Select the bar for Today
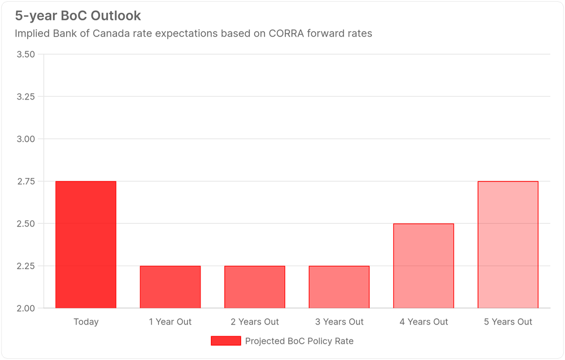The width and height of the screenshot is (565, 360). [x=86, y=245]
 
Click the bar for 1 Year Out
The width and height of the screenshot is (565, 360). [x=170, y=287]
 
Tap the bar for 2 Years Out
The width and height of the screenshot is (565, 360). [x=255, y=287]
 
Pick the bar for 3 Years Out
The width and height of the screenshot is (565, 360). [x=339, y=287]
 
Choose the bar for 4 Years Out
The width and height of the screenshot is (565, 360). [x=424, y=266]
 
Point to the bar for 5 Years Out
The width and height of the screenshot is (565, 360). [x=508, y=245]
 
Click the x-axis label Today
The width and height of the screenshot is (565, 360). [x=86, y=322]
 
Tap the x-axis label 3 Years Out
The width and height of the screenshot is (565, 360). [x=339, y=322]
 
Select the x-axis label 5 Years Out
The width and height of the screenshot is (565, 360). [x=508, y=322]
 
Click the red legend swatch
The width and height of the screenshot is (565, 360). [x=225, y=341]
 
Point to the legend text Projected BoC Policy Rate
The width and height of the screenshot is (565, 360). [x=299, y=341]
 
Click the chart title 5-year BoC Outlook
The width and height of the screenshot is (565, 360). [x=78, y=15]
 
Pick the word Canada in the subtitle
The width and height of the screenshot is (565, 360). [x=134, y=33]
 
